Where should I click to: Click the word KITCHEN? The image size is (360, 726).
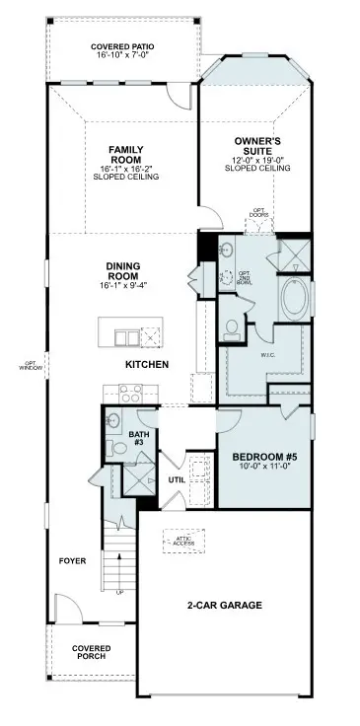(x=147, y=365)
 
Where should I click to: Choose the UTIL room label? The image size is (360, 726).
(x=177, y=480)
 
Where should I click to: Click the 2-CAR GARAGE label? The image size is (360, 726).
(x=225, y=605)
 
